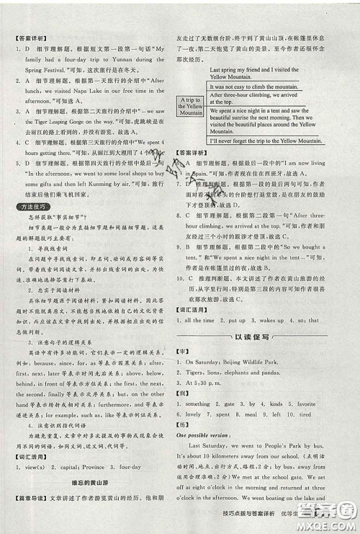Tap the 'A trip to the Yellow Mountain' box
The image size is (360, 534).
click(x=191, y=107)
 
